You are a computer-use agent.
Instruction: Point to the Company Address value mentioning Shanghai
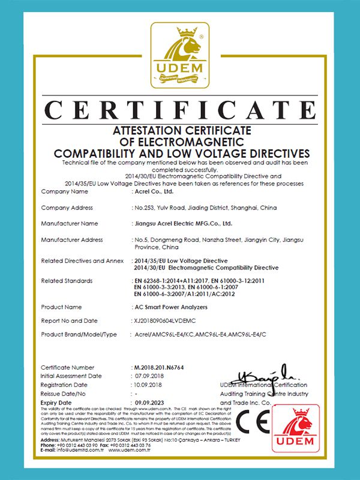pos(205,208)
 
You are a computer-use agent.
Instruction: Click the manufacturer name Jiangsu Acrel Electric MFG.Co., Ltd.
pos(182,224)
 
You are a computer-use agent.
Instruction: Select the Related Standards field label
pos(67,280)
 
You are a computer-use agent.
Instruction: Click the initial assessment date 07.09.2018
pos(150,376)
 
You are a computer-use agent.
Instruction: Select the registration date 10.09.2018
pos(150,385)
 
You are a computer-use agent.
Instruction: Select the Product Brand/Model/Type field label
pos(79,334)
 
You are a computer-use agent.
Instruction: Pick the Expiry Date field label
pos(56,402)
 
